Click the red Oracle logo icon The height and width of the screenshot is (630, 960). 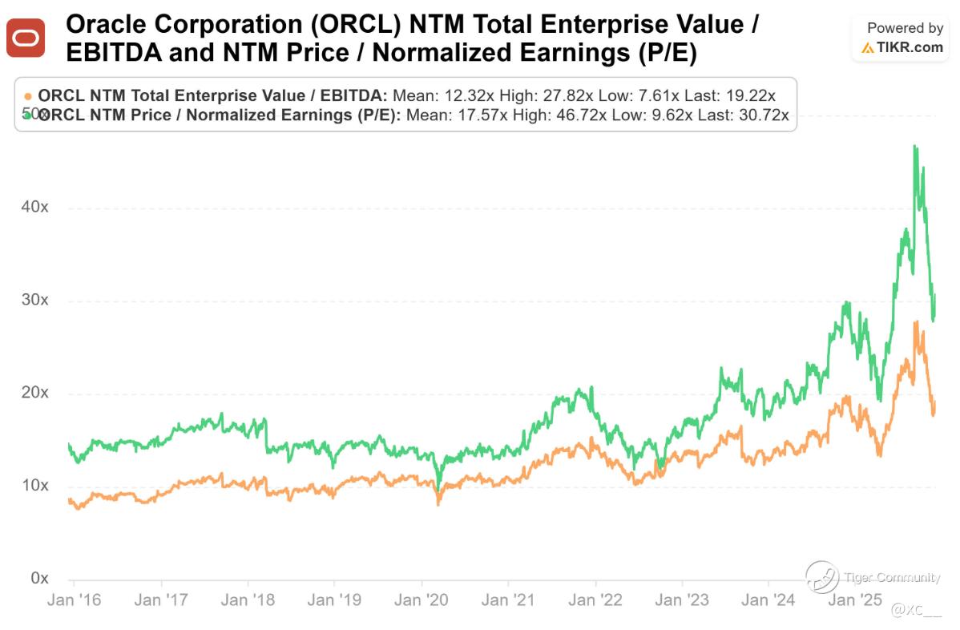coord(26,38)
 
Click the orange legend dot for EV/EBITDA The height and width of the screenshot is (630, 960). coord(29,95)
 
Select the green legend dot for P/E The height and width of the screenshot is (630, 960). coord(29,115)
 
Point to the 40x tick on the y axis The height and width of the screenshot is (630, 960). coord(34,207)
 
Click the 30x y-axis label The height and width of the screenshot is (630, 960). coord(34,300)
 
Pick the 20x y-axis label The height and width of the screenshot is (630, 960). coord(34,393)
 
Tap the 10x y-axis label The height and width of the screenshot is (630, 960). coord(34,486)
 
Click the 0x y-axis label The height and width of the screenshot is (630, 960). coord(38,579)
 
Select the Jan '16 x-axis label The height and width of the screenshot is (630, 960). coord(73,600)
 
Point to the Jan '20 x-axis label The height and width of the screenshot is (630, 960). coord(421,600)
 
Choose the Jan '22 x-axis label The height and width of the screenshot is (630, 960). coord(595,600)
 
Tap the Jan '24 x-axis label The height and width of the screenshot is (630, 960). coord(768,600)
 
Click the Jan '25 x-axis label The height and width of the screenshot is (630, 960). coord(854,600)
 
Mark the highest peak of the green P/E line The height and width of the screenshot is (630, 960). coord(914,145)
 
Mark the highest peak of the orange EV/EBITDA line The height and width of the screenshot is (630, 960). coord(915,321)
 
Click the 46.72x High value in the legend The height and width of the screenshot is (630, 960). coord(583,115)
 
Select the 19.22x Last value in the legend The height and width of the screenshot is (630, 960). coord(747,95)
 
